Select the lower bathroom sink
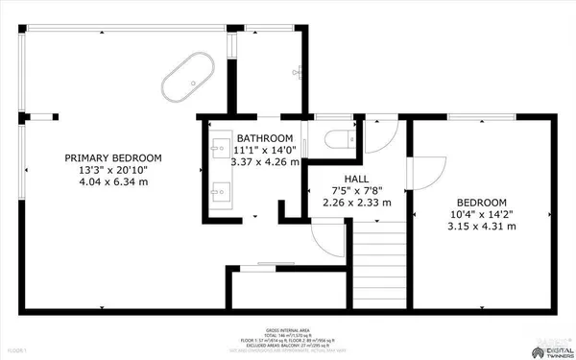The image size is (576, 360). [x=217, y=188]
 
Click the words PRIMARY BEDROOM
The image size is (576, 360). [x=113, y=157]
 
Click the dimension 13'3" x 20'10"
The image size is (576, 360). [x=113, y=170]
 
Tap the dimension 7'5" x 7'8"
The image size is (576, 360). [x=356, y=190]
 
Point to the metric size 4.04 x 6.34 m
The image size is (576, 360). [x=113, y=182]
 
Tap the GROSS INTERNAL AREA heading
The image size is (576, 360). [x=287, y=329]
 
